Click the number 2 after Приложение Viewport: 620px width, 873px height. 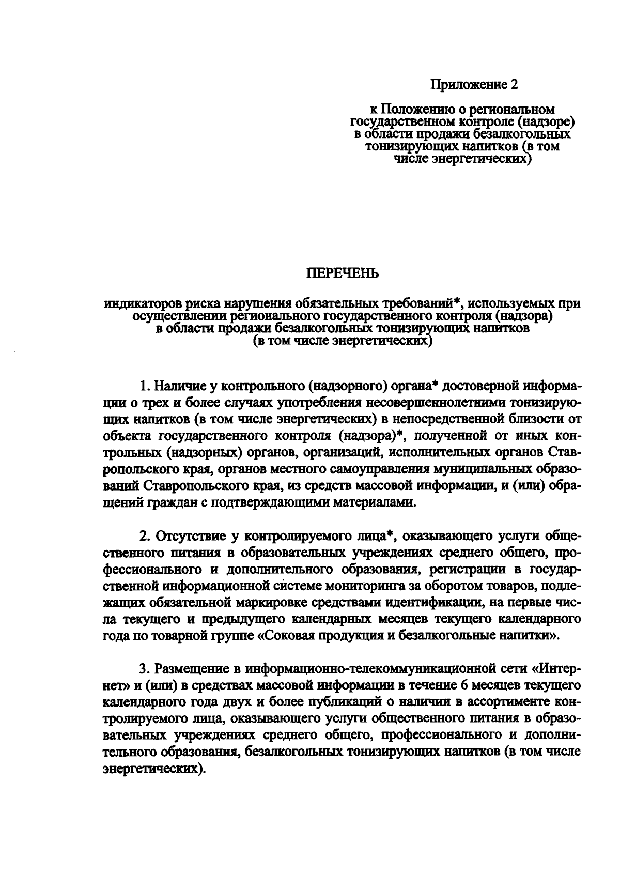pyautogui.click(x=514, y=84)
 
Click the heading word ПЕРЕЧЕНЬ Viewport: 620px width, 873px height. pyautogui.click(x=343, y=273)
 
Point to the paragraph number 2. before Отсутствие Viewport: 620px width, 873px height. pyautogui.click(x=145, y=536)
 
